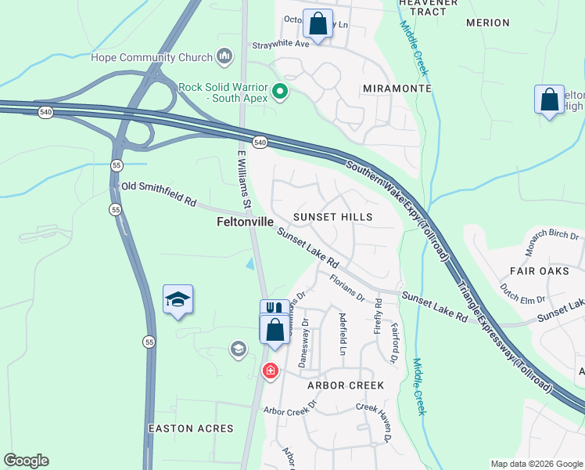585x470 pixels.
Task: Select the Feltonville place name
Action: pos(245,222)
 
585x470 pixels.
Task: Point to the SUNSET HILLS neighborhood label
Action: pos(332,216)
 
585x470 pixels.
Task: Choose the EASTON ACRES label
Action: pos(191,428)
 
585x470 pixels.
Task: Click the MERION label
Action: pos(487,23)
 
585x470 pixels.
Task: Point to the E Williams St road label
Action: pos(244,180)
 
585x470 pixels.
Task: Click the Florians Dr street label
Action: pos(346,287)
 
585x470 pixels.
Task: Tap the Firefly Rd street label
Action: pos(378,313)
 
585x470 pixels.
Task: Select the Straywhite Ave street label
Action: pos(280,45)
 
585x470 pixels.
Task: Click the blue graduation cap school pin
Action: pos(178,299)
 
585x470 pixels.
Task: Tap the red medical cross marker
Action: pos(271,371)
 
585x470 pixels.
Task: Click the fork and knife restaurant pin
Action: pos(271,308)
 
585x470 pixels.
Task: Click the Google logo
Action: pos(26,461)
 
